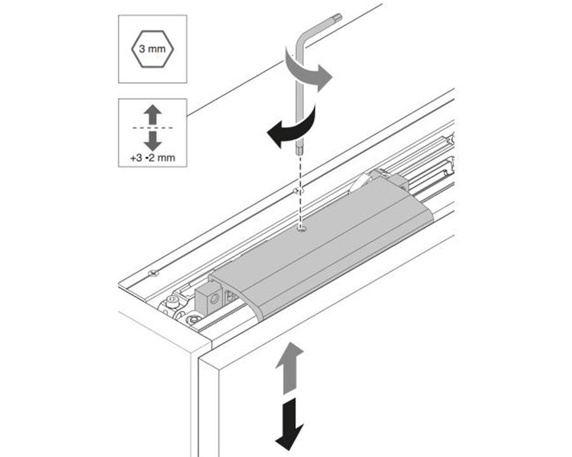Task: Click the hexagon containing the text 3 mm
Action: tap(153, 49)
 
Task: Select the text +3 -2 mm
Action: tap(153, 158)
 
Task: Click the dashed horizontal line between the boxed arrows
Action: tap(153, 128)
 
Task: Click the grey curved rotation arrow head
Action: tap(324, 77)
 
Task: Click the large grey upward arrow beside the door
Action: tap(290, 368)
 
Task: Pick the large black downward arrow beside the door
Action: tap(290, 424)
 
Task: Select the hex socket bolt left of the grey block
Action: tap(172, 301)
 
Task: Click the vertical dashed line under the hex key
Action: tap(300, 191)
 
